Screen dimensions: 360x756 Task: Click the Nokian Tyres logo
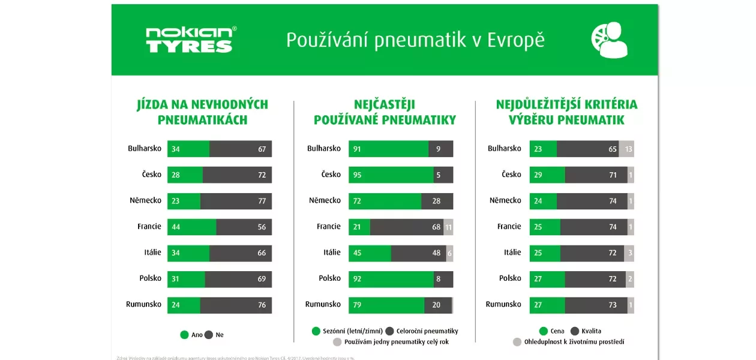click(x=191, y=39)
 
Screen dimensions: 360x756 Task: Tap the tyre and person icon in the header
click(x=609, y=40)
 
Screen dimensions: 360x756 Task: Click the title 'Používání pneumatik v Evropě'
click(x=415, y=40)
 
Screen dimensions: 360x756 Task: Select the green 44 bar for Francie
click(x=192, y=227)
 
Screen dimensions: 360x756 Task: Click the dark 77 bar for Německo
click(x=236, y=201)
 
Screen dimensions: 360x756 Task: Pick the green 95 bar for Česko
click(x=391, y=175)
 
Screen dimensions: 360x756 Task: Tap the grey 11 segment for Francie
click(x=448, y=227)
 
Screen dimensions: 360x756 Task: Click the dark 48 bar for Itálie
click(x=418, y=253)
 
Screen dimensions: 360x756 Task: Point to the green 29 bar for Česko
click(x=547, y=175)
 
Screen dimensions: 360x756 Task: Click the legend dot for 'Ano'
click(x=184, y=335)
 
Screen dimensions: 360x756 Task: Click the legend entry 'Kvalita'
click(x=590, y=331)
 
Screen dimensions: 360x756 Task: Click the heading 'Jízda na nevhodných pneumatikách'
click(x=202, y=112)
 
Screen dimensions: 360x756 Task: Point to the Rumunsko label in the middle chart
click(x=323, y=304)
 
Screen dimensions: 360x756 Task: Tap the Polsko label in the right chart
click(x=510, y=278)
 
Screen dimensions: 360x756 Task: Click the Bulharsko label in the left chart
click(x=145, y=148)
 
